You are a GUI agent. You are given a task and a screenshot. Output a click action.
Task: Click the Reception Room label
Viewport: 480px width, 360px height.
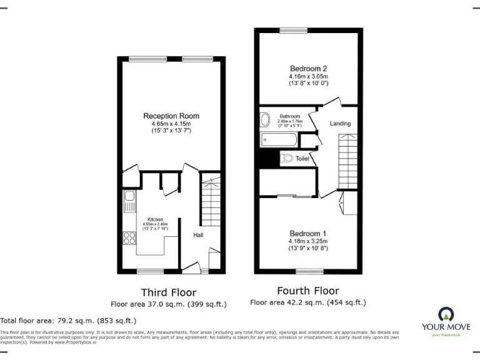point(171,116)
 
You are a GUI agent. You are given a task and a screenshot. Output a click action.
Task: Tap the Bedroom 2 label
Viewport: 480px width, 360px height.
point(309,69)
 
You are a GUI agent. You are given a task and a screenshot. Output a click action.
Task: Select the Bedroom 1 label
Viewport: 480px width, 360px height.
point(308,234)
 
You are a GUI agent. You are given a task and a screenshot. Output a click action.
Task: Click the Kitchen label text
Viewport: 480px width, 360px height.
point(156,219)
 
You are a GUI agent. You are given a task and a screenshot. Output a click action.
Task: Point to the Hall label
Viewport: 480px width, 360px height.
point(197,235)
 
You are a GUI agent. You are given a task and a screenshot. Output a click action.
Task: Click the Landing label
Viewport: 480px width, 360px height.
point(341,124)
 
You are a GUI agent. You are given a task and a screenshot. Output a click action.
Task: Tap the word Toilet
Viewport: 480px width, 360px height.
point(302,159)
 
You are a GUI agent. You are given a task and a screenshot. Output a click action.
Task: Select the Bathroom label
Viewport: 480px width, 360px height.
point(289,116)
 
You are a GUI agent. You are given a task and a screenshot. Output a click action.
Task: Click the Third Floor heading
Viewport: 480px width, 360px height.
point(169,292)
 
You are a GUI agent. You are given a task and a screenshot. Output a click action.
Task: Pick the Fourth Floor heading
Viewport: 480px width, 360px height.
point(308,291)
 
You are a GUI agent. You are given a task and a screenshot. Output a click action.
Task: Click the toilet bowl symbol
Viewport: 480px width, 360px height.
point(287,159)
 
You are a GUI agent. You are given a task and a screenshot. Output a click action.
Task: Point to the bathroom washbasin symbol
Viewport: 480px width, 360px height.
point(265,119)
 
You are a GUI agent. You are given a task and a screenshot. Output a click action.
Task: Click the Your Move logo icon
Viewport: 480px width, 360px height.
point(446,314)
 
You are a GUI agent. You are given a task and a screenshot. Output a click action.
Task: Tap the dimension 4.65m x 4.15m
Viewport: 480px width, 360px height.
point(171,124)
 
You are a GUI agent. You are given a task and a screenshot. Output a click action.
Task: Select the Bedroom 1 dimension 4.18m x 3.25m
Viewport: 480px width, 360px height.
point(308,241)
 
